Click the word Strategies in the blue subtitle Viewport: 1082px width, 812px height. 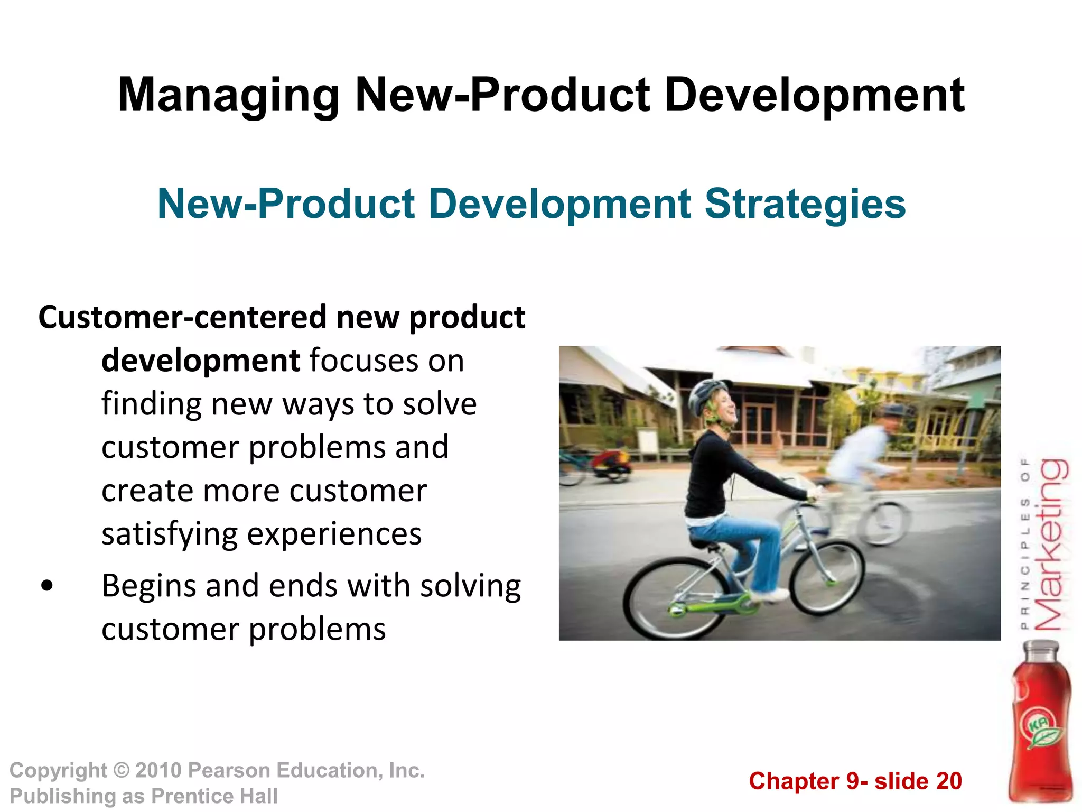point(805,204)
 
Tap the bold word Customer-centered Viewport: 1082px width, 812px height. point(182,318)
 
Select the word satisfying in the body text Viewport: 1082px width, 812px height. point(169,534)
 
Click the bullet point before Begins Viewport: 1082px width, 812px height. point(47,586)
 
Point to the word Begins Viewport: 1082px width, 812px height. point(149,587)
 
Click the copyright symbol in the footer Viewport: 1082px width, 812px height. point(122,770)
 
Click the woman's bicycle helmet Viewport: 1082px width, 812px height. point(705,394)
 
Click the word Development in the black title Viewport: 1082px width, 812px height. point(814,96)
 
